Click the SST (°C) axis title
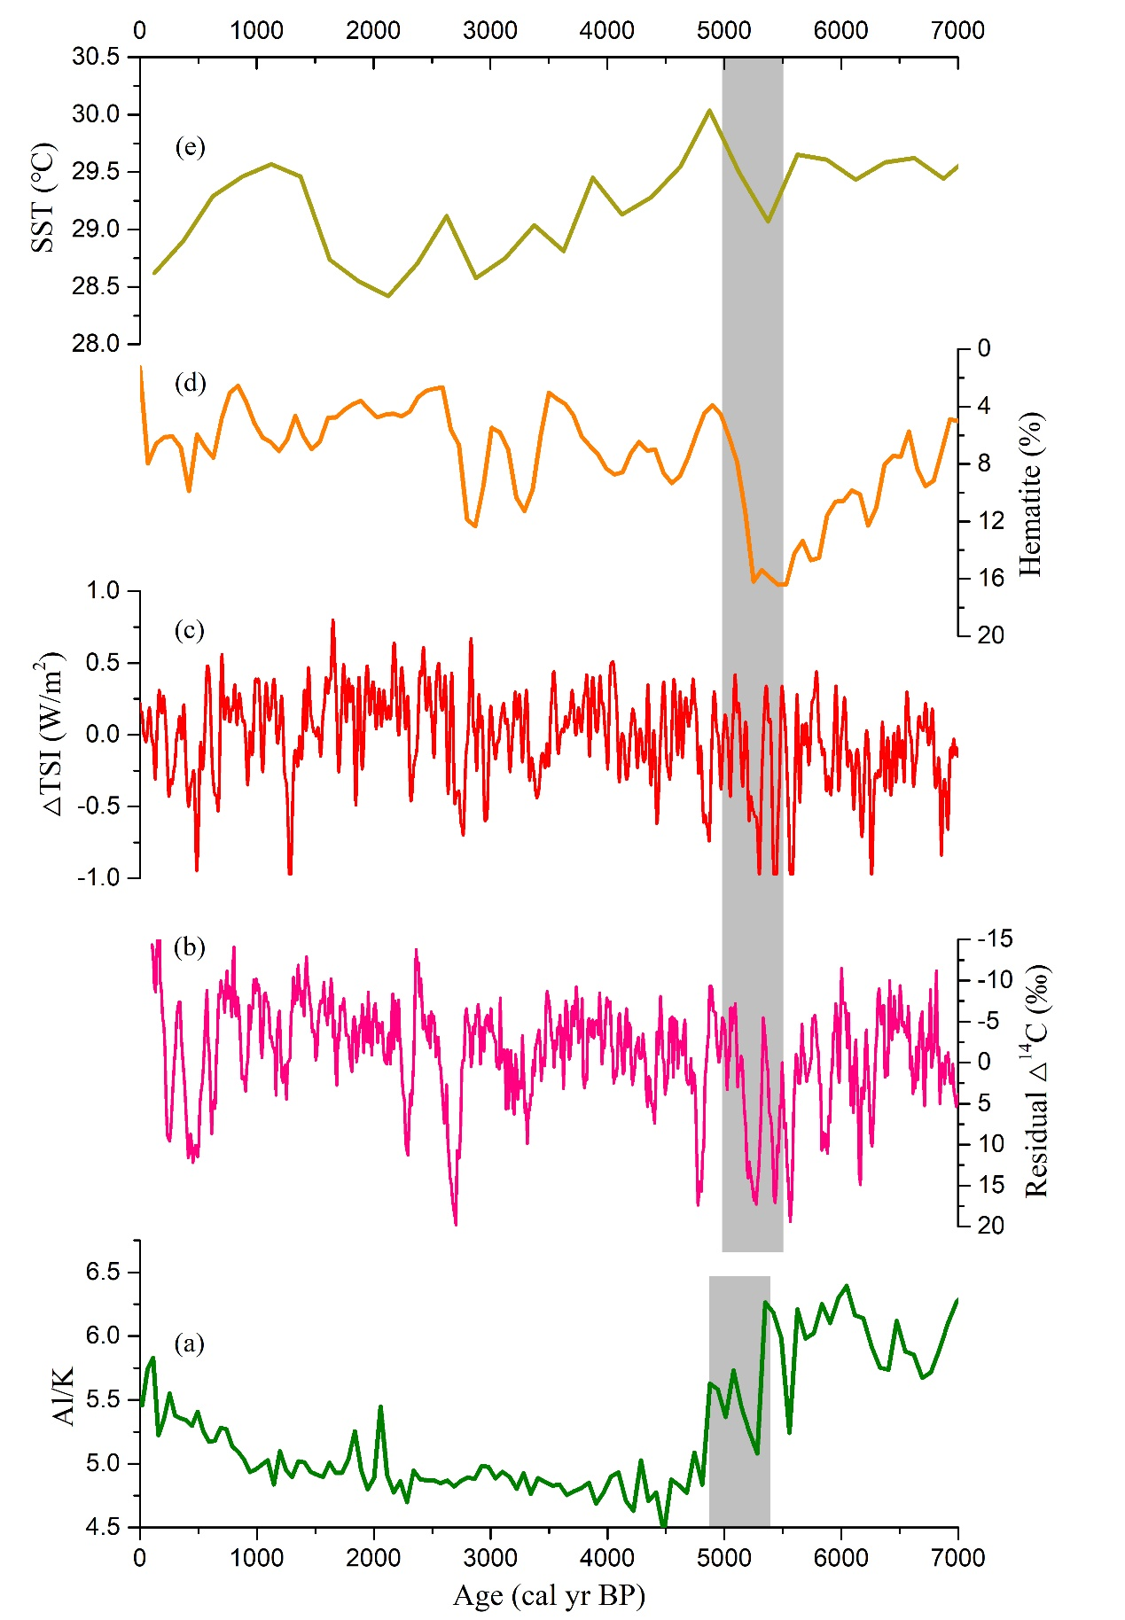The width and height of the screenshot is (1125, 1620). (x=43, y=198)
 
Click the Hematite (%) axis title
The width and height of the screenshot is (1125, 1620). (x=1030, y=494)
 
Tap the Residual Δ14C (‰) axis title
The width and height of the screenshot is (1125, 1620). (x=1035, y=1081)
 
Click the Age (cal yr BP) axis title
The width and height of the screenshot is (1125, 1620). (x=549, y=1595)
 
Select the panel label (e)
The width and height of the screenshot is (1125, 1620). (x=190, y=146)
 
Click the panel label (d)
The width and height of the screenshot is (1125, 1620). (x=190, y=383)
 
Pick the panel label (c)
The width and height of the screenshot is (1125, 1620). (x=190, y=630)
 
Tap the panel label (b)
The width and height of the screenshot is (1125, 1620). (x=190, y=947)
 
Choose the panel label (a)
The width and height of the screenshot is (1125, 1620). (x=190, y=1344)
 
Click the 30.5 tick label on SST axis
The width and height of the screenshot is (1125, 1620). (x=96, y=57)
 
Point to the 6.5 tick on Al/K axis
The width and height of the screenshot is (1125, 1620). (x=103, y=1273)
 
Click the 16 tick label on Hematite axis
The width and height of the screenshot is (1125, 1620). (x=990, y=578)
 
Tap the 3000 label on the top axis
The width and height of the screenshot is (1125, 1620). (x=490, y=30)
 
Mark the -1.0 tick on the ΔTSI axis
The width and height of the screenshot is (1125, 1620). (x=98, y=877)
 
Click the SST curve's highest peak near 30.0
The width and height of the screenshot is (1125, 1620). (x=709, y=110)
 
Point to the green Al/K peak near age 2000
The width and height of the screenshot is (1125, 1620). (x=380, y=1406)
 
